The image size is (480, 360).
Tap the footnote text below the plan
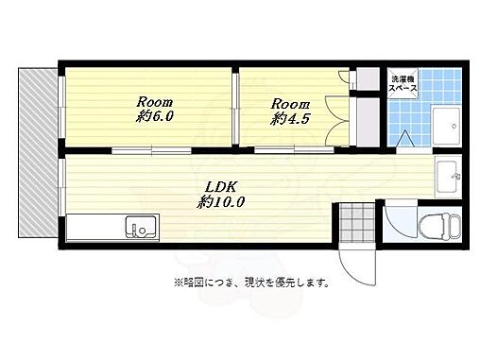(x=249, y=281)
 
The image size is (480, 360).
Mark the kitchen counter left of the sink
(x=94, y=227)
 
